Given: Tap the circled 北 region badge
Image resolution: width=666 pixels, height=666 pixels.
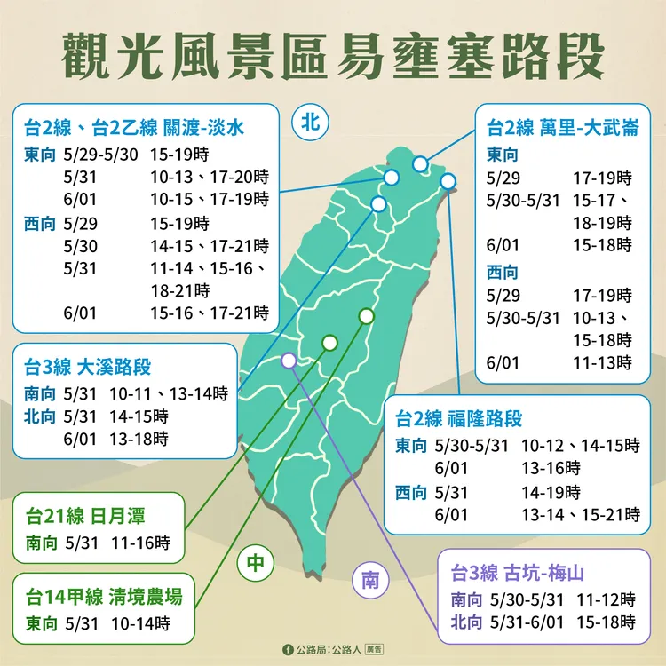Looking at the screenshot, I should (x=308, y=123).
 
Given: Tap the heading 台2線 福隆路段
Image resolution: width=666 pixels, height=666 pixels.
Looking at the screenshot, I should (x=459, y=417).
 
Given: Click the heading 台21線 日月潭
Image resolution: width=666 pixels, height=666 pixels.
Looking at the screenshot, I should (x=85, y=516).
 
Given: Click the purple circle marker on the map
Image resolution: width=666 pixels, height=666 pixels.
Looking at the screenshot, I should (x=288, y=361).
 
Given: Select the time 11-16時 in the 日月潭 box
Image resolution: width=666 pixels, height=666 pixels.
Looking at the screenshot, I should (x=141, y=542).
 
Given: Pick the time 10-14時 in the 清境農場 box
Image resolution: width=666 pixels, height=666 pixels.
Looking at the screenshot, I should (x=141, y=622).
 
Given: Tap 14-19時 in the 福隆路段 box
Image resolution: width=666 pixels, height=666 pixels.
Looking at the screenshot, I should (x=551, y=491).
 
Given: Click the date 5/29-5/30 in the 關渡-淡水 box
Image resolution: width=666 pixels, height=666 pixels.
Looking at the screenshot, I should (x=101, y=153).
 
